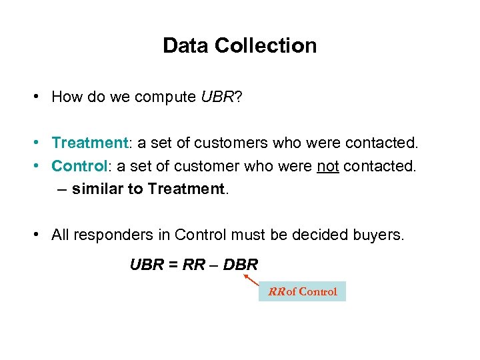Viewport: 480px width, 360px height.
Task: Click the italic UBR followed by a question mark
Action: click(x=217, y=97)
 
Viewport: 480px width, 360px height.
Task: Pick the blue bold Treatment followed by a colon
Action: click(x=89, y=143)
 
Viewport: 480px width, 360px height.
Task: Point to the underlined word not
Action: click(x=327, y=165)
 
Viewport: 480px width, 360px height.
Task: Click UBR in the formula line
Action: click(x=145, y=265)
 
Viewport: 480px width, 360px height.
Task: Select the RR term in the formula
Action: click(x=193, y=265)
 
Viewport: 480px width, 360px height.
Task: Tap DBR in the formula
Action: click(x=240, y=265)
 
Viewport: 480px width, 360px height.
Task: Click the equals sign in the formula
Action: click(x=171, y=265)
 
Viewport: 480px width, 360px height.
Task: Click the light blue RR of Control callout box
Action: click(x=302, y=291)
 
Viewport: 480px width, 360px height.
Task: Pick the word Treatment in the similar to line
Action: click(x=187, y=189)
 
